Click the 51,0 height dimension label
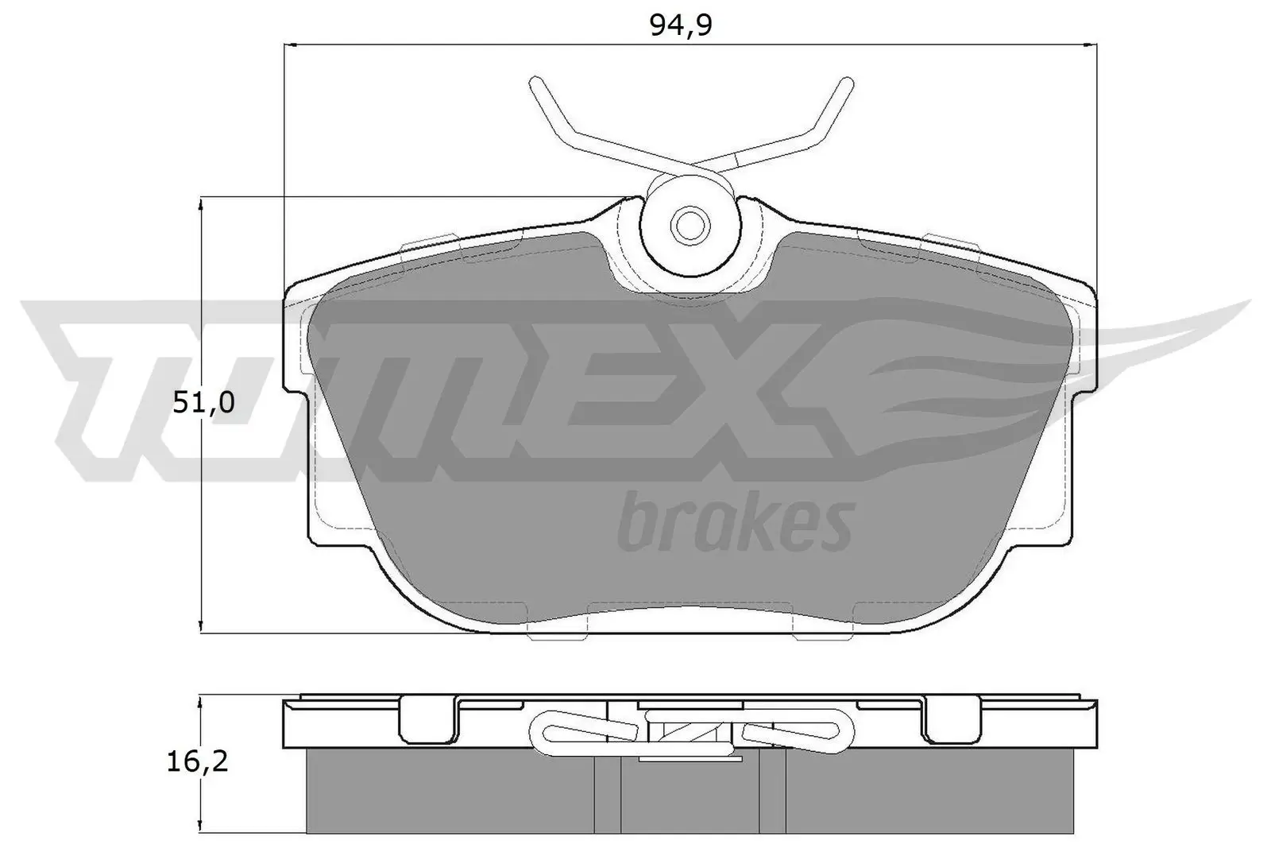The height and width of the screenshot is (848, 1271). [x=203, y=403]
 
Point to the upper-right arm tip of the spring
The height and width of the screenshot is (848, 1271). [x=847, y=83]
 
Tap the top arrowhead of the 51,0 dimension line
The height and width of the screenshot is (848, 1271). [x=202, y=206]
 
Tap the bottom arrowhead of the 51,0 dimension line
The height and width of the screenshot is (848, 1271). [x=202, y=625]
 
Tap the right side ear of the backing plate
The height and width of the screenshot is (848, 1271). [x=1085, y=342]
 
